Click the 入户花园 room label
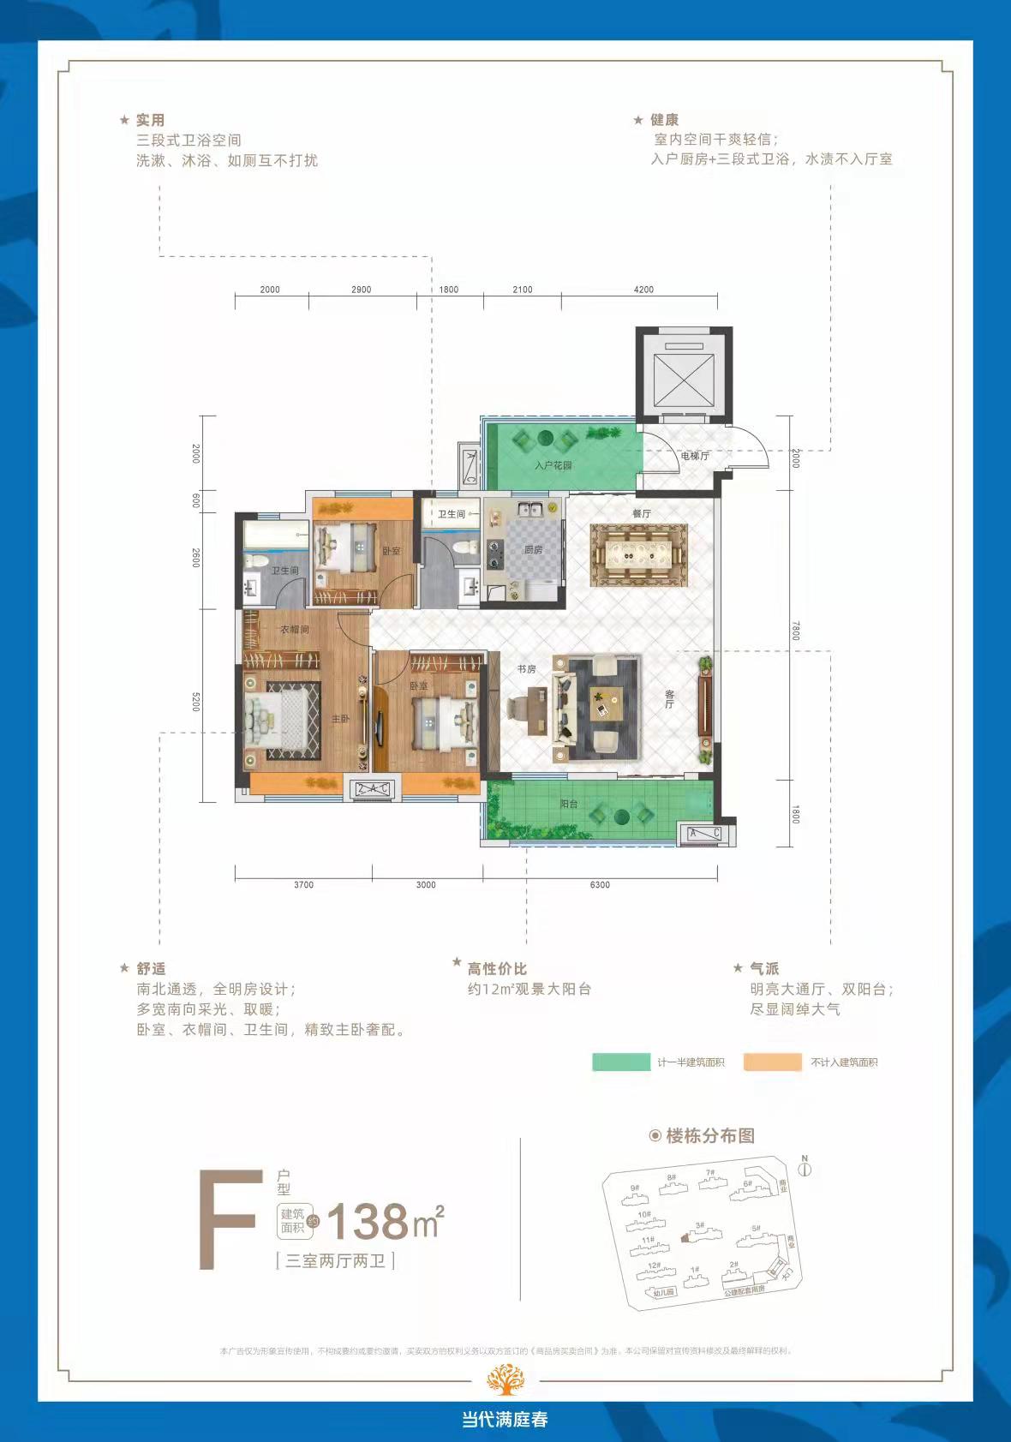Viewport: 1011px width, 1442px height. click(553, 465)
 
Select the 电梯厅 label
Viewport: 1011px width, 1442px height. click(695, 456)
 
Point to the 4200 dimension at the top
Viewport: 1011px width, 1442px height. click(643, 290)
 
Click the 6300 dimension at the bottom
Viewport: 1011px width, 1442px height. click(600, 885)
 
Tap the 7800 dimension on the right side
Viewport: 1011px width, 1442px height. click(795, 631)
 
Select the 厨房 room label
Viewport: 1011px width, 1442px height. click(533, 549)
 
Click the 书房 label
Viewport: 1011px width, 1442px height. click(526, 668)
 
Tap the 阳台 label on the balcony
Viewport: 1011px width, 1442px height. click(568, 805)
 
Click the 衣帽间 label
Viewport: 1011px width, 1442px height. click(294, 630)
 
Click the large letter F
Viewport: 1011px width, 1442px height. click(227, 1221)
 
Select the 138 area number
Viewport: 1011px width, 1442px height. click(368, 1223)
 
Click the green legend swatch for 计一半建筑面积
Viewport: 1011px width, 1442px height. click(621, 1062)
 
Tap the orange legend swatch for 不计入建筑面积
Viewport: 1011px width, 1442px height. click(772, 1062)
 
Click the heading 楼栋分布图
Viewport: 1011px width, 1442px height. click(709, 1136)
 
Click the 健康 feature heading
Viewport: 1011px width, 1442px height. click(664, 120)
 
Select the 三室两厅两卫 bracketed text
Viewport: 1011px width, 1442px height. click(335, 1260)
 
